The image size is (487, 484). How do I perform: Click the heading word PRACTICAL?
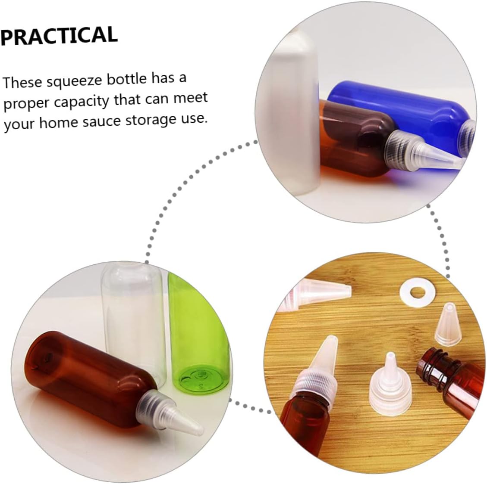59,36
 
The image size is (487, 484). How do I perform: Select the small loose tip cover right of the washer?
448,323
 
